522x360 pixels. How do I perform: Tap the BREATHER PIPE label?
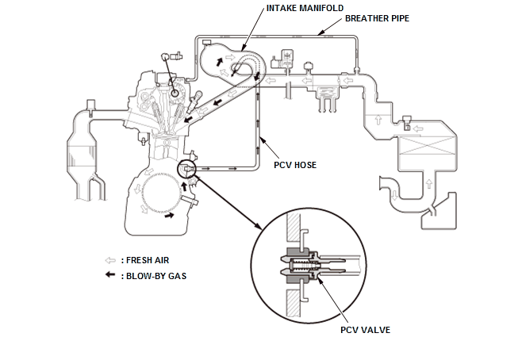(x=378, y=17)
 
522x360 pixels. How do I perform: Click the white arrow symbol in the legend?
(x=109, y=260)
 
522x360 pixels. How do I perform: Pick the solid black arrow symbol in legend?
(x=109, y=276)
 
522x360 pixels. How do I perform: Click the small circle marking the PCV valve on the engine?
(x=188, y=168)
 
